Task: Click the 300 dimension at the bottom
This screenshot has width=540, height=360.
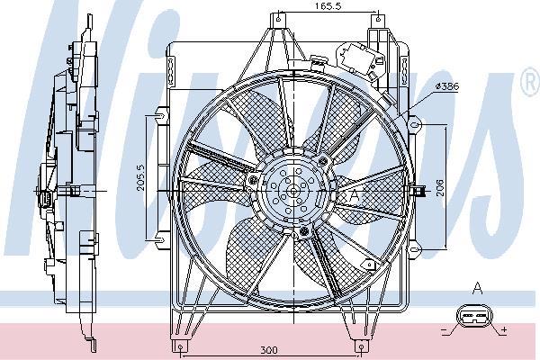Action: tap(267, 351)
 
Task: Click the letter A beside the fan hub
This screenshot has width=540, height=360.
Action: tap(354, 193)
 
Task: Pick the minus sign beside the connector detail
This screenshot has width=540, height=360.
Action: tap(445, 330)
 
